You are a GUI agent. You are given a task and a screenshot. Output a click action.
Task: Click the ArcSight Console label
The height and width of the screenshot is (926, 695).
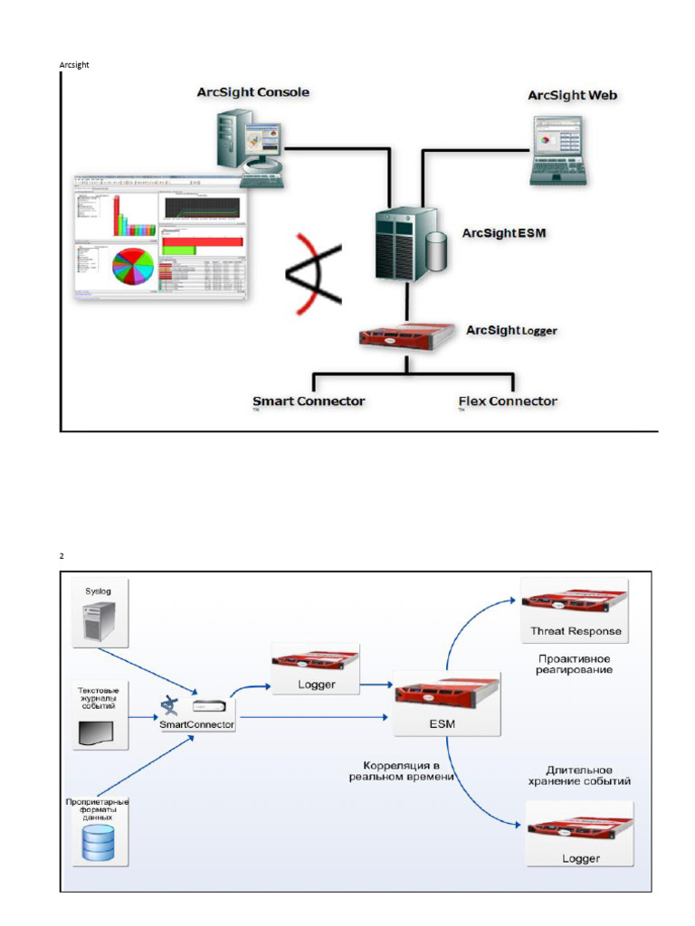(x=252, y=92)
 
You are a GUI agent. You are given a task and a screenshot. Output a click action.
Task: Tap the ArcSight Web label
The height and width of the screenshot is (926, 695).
(x=573, y=95)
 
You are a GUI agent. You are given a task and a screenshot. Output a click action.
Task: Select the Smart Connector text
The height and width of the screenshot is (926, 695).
(x=308, y=401)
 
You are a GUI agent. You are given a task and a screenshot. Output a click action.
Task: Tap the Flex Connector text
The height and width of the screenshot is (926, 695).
(x=508, y=401)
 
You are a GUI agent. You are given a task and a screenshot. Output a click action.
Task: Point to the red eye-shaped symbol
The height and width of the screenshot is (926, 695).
(x=314, y=274)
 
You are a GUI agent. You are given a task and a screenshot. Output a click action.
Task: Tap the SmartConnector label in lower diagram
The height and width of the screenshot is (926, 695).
(x=196, y=724)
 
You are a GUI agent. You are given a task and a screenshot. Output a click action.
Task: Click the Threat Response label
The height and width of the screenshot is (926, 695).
(x=576, y=631)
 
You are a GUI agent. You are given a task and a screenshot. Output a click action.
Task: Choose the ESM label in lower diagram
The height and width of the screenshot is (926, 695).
(x=447, y=723)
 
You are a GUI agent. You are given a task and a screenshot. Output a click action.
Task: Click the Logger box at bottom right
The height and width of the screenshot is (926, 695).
(x=579, y=835)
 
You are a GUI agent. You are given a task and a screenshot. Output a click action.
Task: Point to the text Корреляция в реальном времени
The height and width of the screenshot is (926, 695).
(x=402, y=770)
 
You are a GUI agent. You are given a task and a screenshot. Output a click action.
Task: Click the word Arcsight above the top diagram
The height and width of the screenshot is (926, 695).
(x=74, y=65)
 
